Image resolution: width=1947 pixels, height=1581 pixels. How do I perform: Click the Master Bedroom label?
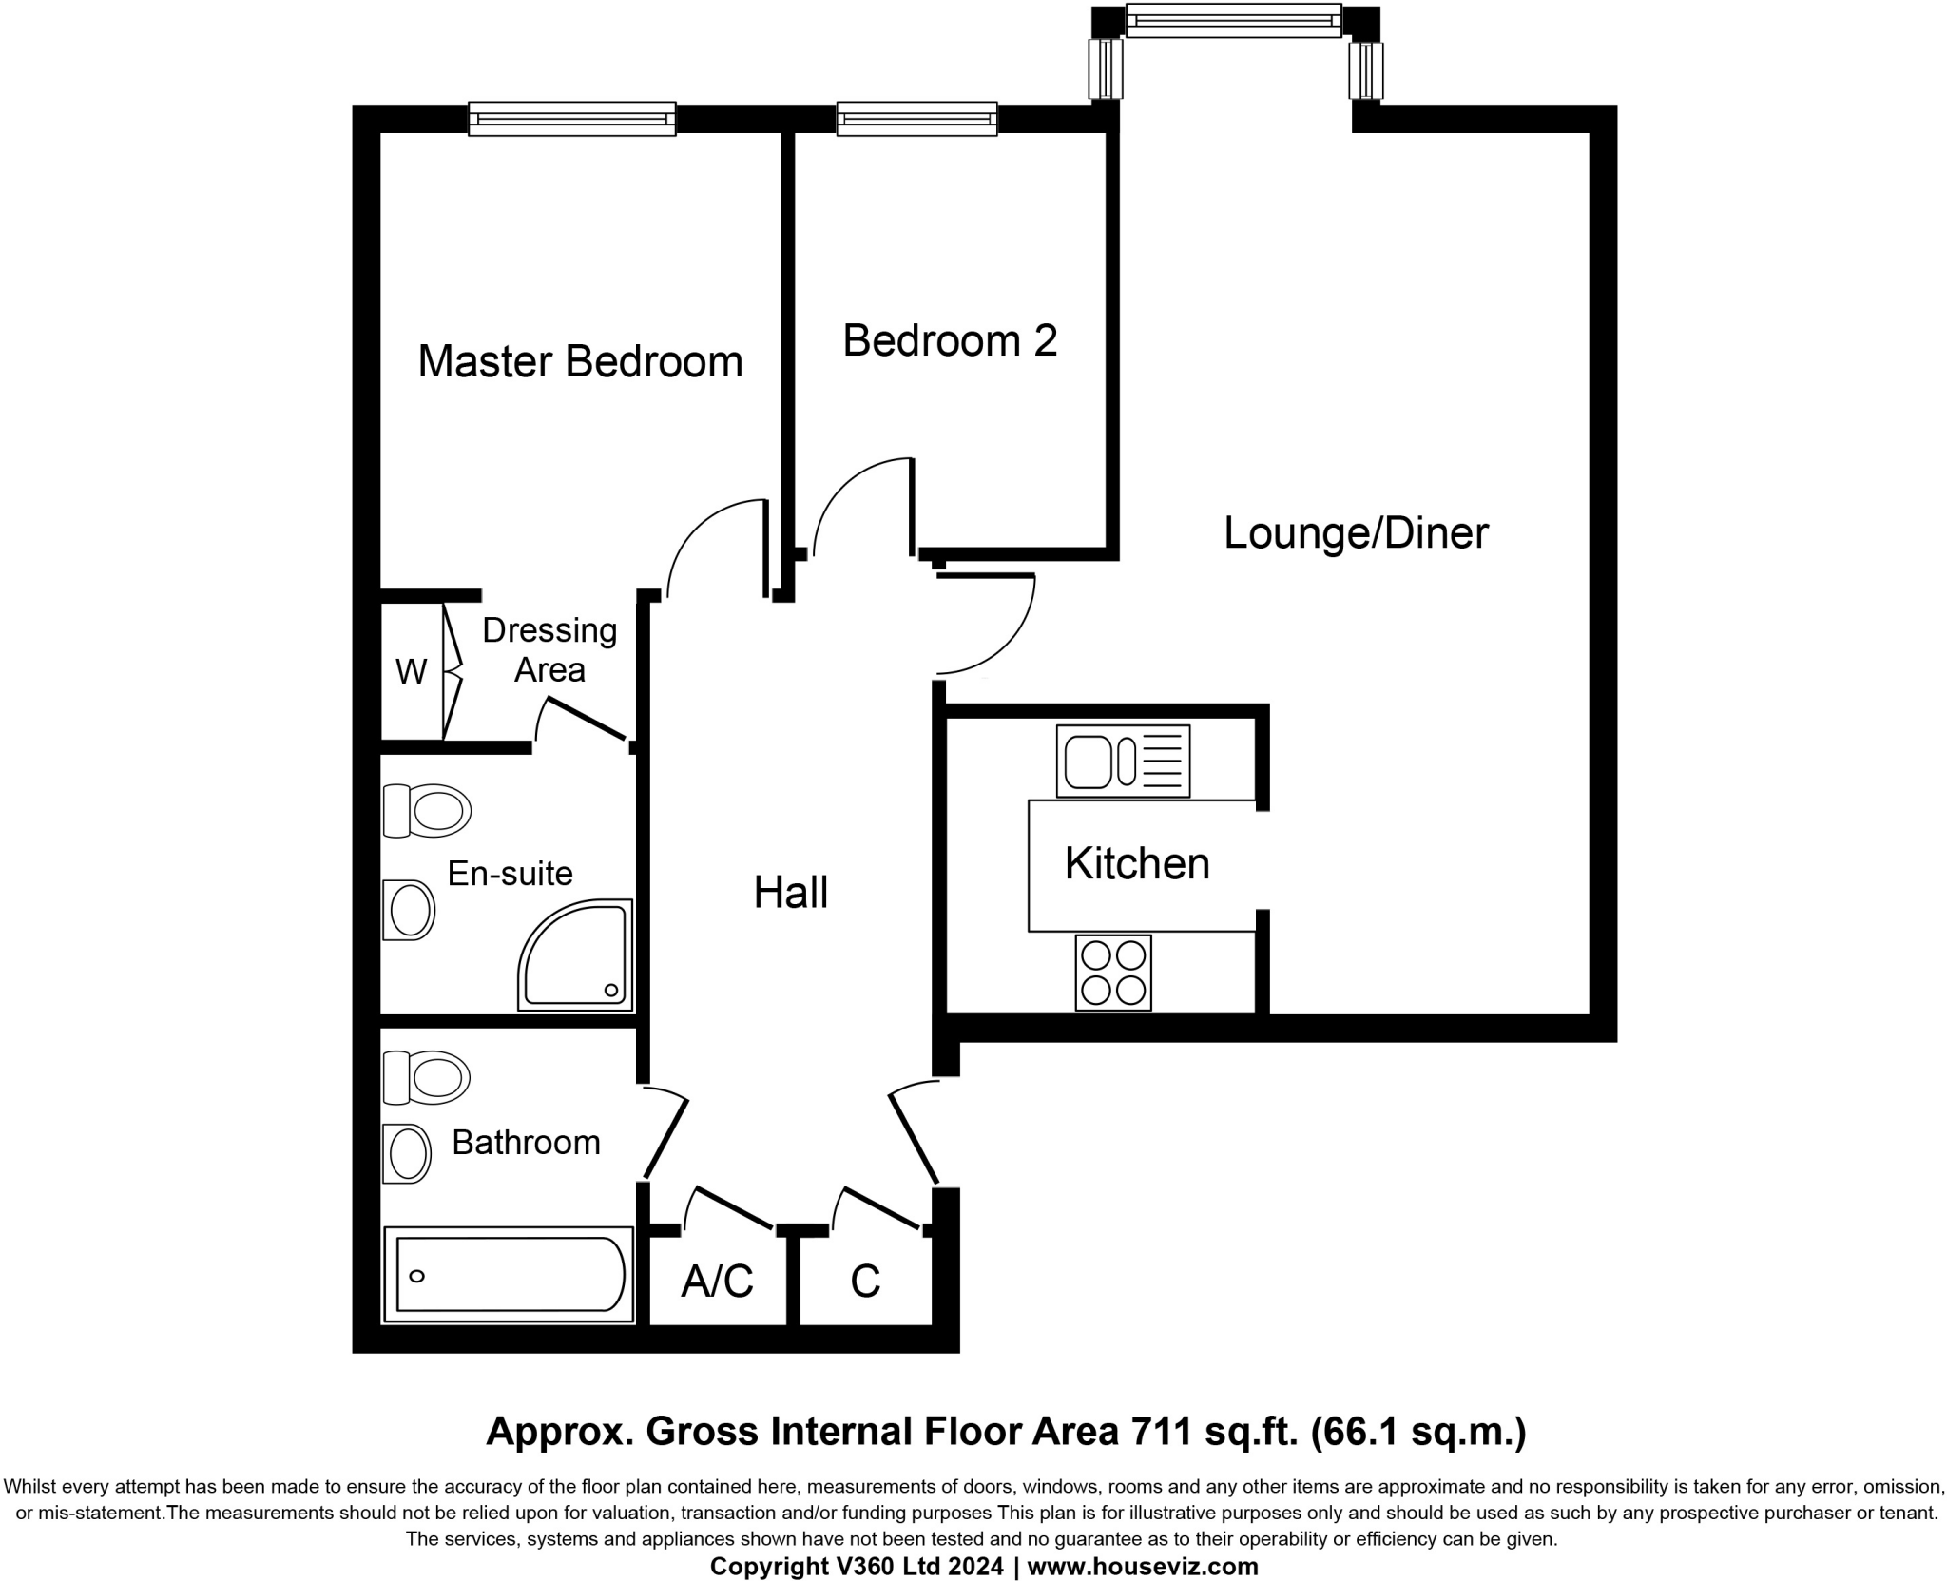tap(580, 362)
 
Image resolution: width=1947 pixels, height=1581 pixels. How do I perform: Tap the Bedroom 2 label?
tap(950, 341)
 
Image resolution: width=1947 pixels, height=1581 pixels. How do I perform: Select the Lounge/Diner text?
tap(1355, 532)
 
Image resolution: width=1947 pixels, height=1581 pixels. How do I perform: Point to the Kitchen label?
tap(1137, 864)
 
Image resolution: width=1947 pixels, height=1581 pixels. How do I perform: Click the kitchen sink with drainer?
tap(1123, 762)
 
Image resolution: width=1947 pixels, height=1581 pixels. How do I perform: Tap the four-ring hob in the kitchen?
tap(1113, 973)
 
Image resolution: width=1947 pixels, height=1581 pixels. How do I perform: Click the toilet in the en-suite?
tap(428, 811)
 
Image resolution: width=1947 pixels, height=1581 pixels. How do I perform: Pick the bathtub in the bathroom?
tap(509, 1275)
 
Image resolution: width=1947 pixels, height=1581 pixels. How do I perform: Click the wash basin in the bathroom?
tap(408, 1154)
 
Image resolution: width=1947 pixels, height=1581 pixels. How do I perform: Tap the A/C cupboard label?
tap(717, 1282)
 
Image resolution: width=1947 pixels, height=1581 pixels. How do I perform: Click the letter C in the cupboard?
tap(865, 1282)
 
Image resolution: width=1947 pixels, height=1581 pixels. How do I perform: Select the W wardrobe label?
tap(411, 672)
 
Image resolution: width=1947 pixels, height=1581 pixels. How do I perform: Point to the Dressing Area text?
tap(549, 650)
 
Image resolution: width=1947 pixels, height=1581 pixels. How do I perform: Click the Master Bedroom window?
tap(572, 119)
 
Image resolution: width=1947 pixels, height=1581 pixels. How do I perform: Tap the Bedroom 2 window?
tap(916, 119)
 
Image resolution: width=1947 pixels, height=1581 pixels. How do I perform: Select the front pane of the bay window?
tap(1233, 20)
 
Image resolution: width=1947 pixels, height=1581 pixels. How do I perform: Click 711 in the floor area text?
tap(1159, 1431)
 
